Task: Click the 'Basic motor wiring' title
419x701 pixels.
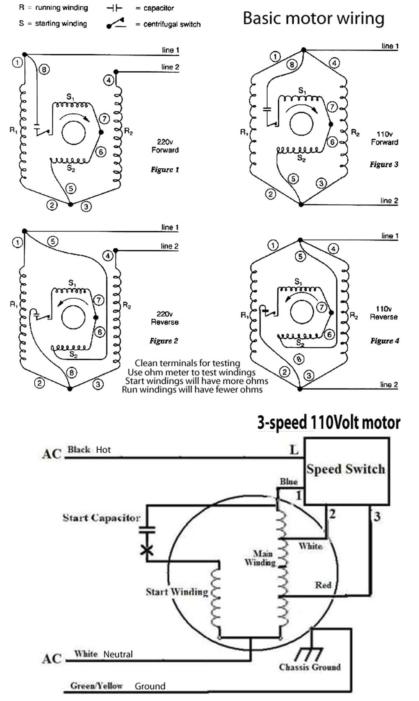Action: tap(313, 18)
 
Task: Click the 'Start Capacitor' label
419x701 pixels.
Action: tap(101, 518)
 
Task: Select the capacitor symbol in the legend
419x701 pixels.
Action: tap(114, 8)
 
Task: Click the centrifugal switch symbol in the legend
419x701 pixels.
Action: tap(116, 23)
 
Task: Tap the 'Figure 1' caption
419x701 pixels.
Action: tap(165, 170)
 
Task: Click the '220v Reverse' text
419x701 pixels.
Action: tap(165, 318)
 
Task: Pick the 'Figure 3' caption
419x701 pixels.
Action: tap(384, 164)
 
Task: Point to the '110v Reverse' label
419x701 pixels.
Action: tap(383, 313)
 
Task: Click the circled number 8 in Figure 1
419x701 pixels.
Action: tap(44, 69)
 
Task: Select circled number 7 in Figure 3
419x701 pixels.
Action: tap(332, 107)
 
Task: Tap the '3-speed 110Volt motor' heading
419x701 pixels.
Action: tap(328, 422)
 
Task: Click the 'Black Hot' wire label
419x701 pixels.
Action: tap(89, 450)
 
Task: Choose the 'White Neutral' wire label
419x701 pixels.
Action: tap(103, 654)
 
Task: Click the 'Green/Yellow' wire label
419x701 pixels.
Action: tap(96, 686)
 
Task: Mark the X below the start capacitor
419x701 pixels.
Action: tap(147, 550)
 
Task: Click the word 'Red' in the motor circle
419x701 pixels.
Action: tap(323, 585)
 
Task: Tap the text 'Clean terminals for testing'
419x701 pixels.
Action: tap(187, 363)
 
